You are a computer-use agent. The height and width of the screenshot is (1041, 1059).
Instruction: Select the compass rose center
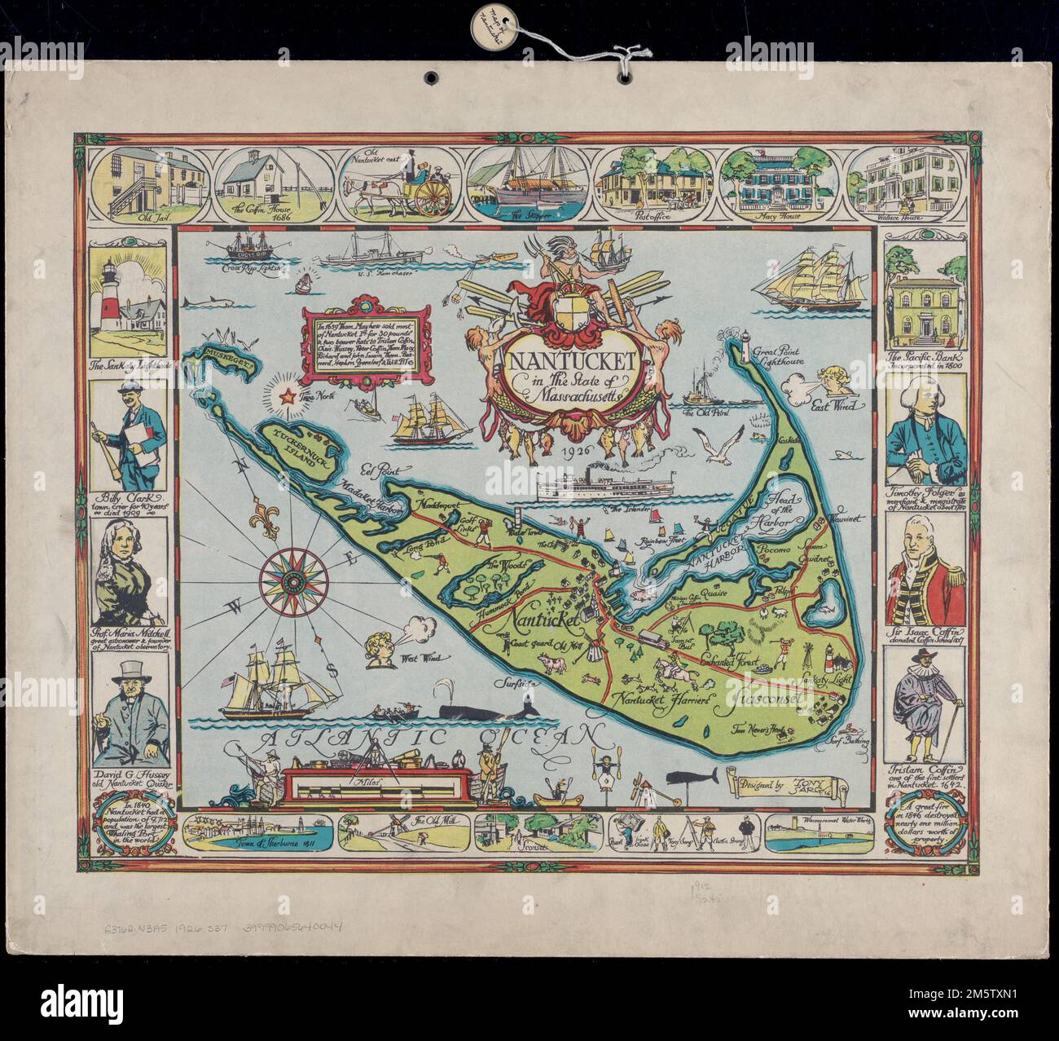[x=293, y=576]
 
